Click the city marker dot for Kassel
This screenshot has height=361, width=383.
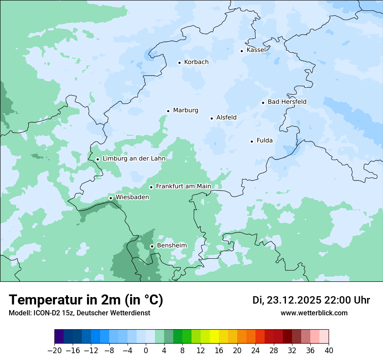click(x=242, y=51)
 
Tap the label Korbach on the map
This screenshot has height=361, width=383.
click(x=196, y=62)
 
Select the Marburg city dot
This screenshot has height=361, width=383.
click(x=168, y=111)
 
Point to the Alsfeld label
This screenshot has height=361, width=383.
click(x=226, y=117)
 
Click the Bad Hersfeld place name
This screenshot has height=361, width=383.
click(x=287, y=102)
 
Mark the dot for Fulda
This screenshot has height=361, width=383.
click(x=252, y=141)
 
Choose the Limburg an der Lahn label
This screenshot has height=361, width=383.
click(x=134, y=159)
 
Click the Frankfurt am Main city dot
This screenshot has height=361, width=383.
click(x=151, y=187)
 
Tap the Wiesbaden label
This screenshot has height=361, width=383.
click(x=132, y=197)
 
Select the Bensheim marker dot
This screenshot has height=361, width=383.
click(x=152, y=247)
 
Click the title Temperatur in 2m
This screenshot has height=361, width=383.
click(x=86, y=300)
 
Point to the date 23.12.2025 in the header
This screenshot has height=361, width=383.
click(x=294, y=300)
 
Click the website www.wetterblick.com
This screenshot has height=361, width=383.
click(x=314, y=313)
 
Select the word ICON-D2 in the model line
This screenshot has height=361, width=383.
click(x=44, y=313)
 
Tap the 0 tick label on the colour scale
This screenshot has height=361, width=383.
click(x=146, y=351)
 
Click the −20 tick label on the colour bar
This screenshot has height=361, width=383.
click(x=54, y=351)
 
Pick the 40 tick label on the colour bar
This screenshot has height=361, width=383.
click(x=329, y=351)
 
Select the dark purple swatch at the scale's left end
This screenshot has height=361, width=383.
click(x=59, y=337)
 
